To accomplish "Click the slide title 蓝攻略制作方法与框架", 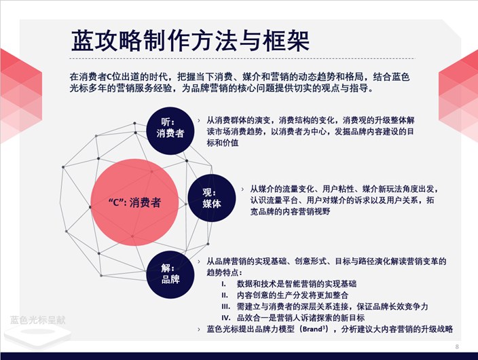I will pos(191,40).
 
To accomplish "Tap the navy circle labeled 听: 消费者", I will pos(170,127).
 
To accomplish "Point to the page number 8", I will pos(457,347).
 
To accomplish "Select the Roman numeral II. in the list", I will pos(223,295).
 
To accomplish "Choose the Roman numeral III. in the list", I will pos(225,306).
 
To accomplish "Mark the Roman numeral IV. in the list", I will pos(225,318).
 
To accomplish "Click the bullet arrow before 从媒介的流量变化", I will pos(242,188).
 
